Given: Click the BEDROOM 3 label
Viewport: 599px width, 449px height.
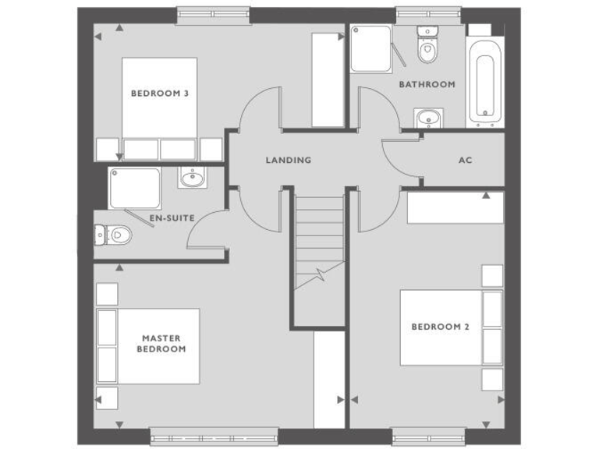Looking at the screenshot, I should tap(159, 94).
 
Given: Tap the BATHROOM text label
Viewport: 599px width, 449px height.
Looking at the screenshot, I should tap(427, 84).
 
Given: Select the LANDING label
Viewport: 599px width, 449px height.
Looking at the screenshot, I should tap(288, 161).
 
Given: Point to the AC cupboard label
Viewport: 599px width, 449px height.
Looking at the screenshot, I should tap(465, 161).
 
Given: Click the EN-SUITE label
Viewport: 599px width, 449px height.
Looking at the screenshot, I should tap(172, 218).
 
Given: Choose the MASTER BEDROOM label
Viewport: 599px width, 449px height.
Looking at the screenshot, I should tap(161, 344).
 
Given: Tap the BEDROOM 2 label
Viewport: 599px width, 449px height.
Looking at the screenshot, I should tap(440, 327).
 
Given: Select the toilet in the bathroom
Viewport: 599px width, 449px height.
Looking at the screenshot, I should tap(426, 47).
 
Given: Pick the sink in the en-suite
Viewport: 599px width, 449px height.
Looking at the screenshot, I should tap(190, 179).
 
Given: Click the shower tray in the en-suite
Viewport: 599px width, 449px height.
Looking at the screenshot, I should tap(135, 188).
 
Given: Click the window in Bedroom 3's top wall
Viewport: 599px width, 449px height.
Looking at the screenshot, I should tap(213, 15).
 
